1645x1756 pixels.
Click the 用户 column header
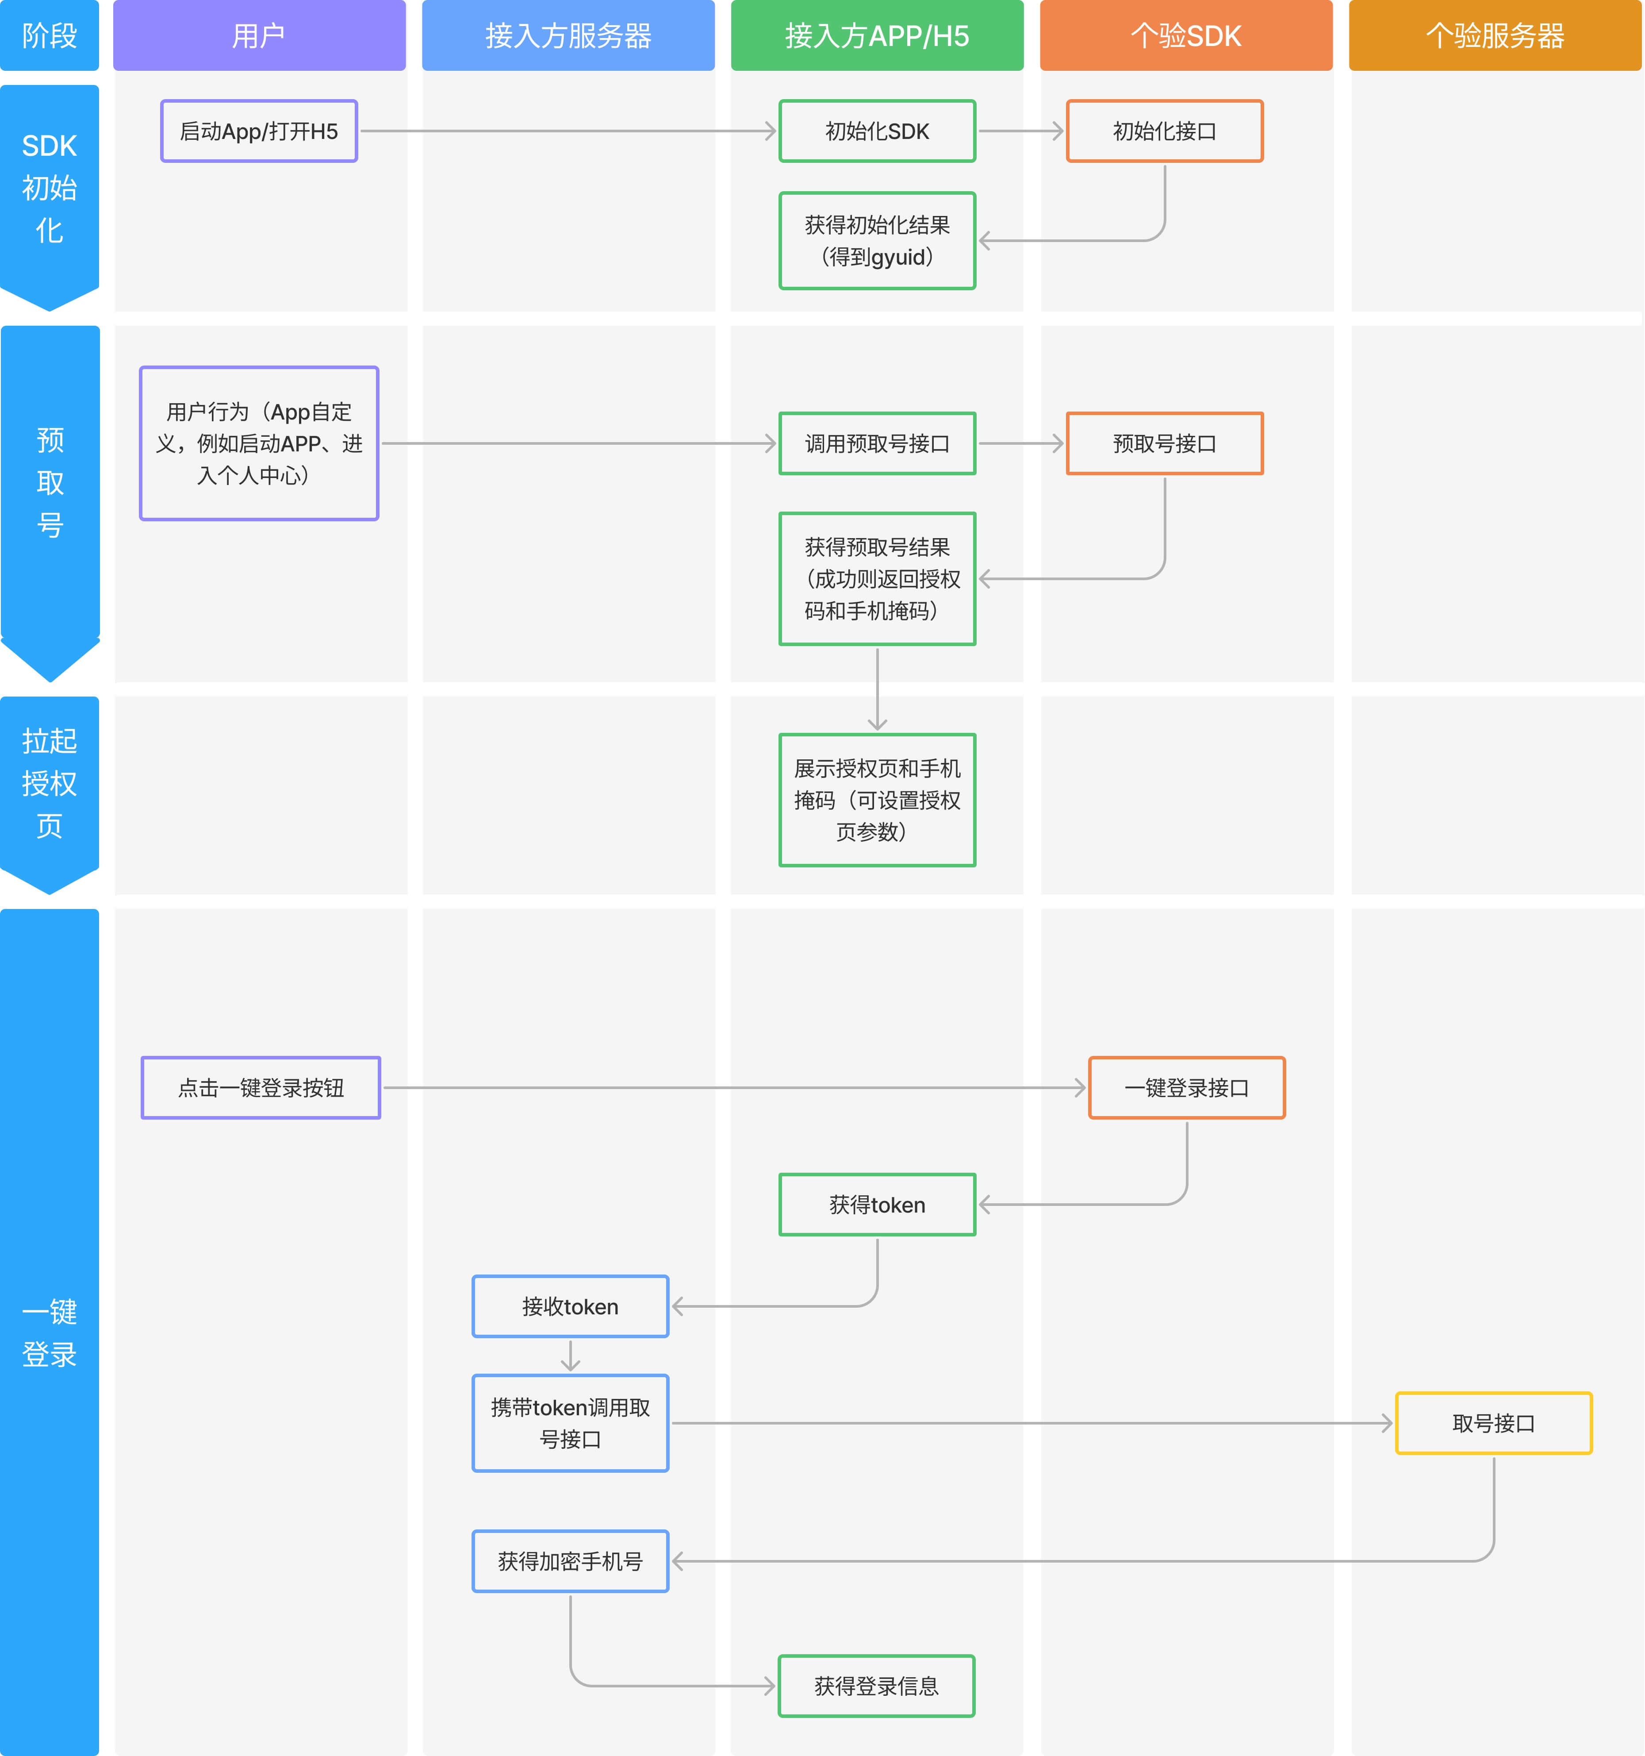259,35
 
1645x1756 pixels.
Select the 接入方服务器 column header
568,35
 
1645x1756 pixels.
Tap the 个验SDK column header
1186,35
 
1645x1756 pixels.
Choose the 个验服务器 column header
1495,35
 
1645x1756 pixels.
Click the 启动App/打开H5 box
259,131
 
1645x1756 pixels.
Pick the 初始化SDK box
877,131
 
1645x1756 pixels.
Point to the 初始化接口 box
1165,131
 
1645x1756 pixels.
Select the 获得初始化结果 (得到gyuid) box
877,240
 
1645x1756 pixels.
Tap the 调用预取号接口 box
877,443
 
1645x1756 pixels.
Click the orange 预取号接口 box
1165,443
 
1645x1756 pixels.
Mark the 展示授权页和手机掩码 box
877,799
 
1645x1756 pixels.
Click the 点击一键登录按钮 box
261,1087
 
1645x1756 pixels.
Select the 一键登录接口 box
1187,1087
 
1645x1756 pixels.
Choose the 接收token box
571,1306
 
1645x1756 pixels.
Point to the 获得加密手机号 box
571,1561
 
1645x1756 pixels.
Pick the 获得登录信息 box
876,1685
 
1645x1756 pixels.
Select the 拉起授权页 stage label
50,783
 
